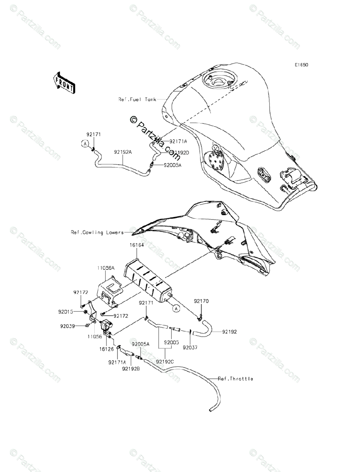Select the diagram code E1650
tap(302, 65)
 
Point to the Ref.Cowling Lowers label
tap(97, 232)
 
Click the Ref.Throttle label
tap(235, 379)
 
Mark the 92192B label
tap(130, 369)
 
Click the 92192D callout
tap(180, 153)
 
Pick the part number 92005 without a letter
tap(171, 343)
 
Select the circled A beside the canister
tap(176, 308)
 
